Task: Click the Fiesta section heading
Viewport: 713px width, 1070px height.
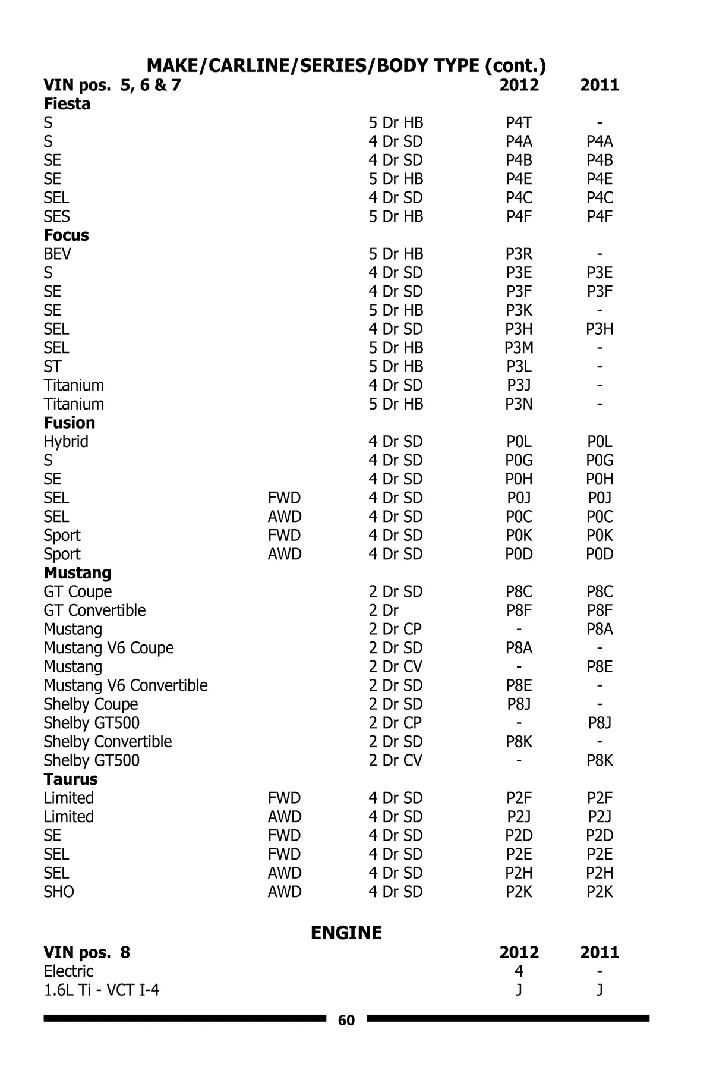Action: (x=67, y=104)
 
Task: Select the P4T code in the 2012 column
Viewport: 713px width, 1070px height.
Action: (x=519, y=123)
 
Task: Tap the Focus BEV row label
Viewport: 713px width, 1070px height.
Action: (x=57, y=254)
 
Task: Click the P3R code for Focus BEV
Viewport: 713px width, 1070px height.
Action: (x=519, y=254)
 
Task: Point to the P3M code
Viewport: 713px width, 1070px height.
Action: (x=519, y=348)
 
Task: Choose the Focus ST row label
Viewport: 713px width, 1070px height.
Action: (x=52, y=367)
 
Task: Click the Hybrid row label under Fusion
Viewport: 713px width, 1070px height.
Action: (x=66, y=442)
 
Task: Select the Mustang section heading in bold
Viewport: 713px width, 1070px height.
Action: (x=77, y=573)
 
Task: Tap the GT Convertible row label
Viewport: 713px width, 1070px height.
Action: (x=94, y=610)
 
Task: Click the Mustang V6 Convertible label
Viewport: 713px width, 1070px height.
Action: (x=125, y=685)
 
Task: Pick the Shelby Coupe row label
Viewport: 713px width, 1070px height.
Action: (x=90, y=704)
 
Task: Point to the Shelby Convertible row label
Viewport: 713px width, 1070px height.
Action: (x=108, y=742)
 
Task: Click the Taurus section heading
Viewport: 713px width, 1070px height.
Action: (x=70, y=779)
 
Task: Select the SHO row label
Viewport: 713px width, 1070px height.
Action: (x=59, y=892)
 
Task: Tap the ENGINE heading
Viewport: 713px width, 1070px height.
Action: (x=346, y=933)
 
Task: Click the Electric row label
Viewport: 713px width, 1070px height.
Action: (x=68, y=971)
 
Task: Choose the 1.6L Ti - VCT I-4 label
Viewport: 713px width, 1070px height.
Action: (x=101, y=990)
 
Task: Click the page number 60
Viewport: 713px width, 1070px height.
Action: (x=346, y=1020)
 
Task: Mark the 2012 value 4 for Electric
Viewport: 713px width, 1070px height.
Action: (x=519, y=971)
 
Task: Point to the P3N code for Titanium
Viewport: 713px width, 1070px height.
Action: (x=519, y=404)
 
